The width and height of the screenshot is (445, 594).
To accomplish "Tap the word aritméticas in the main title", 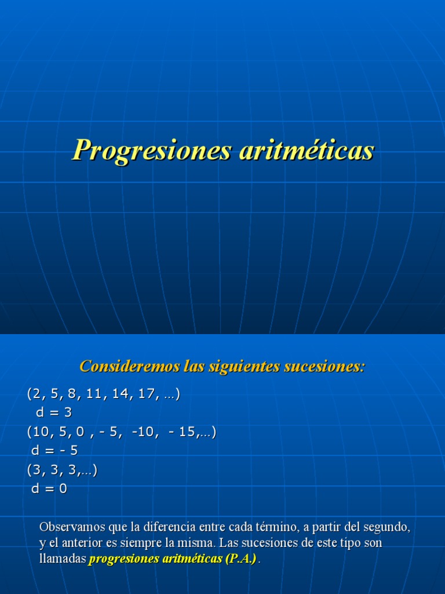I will (307, 150).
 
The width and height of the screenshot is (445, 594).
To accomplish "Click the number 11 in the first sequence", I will (93, 394).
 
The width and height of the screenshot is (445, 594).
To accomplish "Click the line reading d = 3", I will (53, 413).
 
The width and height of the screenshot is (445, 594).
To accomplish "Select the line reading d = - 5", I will (54, 451).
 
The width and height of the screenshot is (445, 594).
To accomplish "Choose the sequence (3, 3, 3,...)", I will (62, 470).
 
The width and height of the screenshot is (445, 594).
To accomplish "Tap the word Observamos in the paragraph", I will (68, 527).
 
